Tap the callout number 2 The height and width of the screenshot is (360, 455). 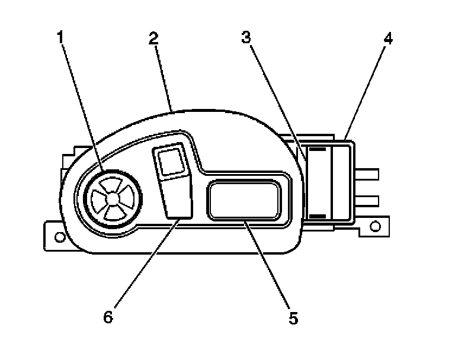coord(153,40)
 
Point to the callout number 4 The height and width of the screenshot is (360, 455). coord(387,40)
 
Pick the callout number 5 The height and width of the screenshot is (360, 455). coord(293,318)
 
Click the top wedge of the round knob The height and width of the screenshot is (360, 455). coord(113,185)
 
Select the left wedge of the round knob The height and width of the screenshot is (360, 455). coord(100,198)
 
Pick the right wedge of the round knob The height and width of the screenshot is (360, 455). coord(126,198)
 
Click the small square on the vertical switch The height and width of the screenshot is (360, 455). coord(172,162)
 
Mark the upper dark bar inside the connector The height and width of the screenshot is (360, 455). coord(318,152)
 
